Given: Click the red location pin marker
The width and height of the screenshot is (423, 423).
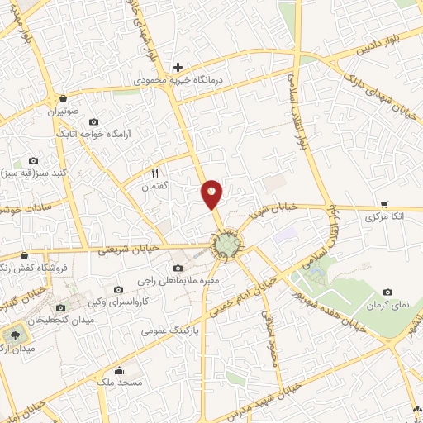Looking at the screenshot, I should (x=213, y=192).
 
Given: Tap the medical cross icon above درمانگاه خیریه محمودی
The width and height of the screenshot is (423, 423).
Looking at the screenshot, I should (x=178, y=67).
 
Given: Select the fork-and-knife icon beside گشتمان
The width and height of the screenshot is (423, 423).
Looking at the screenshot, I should (x=154, y=173).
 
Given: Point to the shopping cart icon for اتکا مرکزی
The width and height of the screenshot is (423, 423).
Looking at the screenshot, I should (x=384, y=203).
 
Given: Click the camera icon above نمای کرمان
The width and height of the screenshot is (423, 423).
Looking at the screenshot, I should (x=388, y=292).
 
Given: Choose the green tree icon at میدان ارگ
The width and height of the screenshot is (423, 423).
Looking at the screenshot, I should (x=14, y=335).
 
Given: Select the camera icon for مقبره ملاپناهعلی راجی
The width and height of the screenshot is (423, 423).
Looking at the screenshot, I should (x=178, y=268).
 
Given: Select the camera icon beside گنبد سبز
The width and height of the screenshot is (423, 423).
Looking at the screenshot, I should (x=33, y=160).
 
